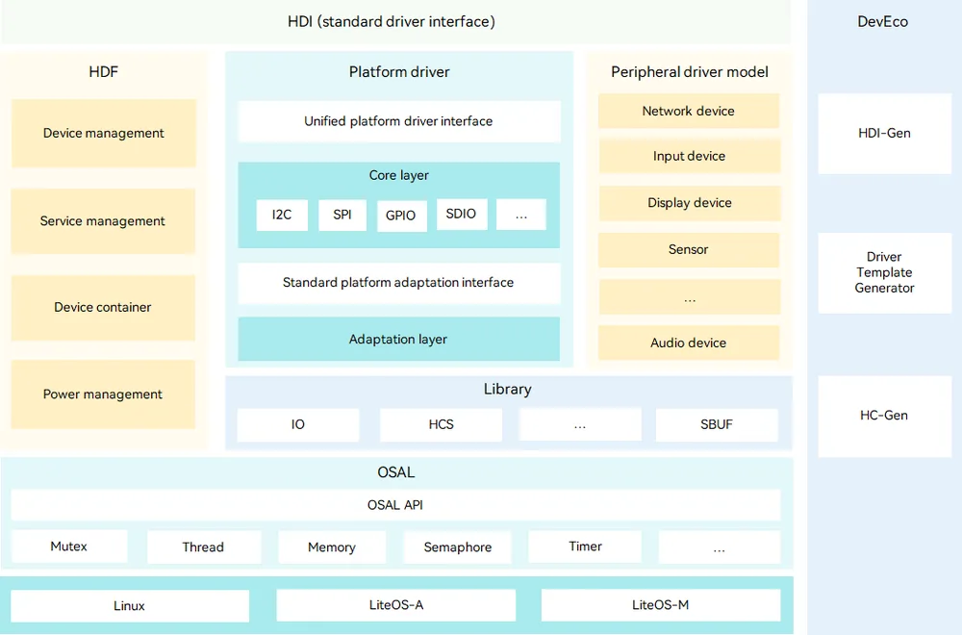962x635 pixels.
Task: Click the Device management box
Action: (x=104, y=133)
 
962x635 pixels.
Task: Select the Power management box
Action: (x=103, y=394)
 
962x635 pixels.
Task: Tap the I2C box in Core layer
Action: (x=282, y=215)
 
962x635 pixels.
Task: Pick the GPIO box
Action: (x=401, y=216)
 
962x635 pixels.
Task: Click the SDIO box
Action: (x=462, y=214)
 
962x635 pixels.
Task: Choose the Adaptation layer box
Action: (x=399, y=339)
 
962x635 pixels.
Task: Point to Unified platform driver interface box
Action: (x=399, y=121)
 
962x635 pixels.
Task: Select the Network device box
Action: (x=689, y=111)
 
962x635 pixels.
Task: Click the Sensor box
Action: (x=689, y=250)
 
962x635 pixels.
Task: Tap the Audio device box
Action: (x=689, y=343)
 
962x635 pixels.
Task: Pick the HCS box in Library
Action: (x=442, y=424)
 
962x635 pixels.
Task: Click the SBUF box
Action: (x=717, y=424)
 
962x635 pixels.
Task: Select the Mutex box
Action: (x=68, y=546)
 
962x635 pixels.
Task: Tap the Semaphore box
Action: (x=458, y=546)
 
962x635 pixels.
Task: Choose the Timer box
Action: (x=585, y=546)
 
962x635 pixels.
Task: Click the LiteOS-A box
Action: (x=396, y=605)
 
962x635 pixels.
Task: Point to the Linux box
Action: (x=130, y=605)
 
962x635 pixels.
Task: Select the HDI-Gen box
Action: (x=885, y=133)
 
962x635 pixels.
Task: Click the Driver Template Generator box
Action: (x=885, y=272)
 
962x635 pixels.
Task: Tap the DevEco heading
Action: (x=883, y=21)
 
